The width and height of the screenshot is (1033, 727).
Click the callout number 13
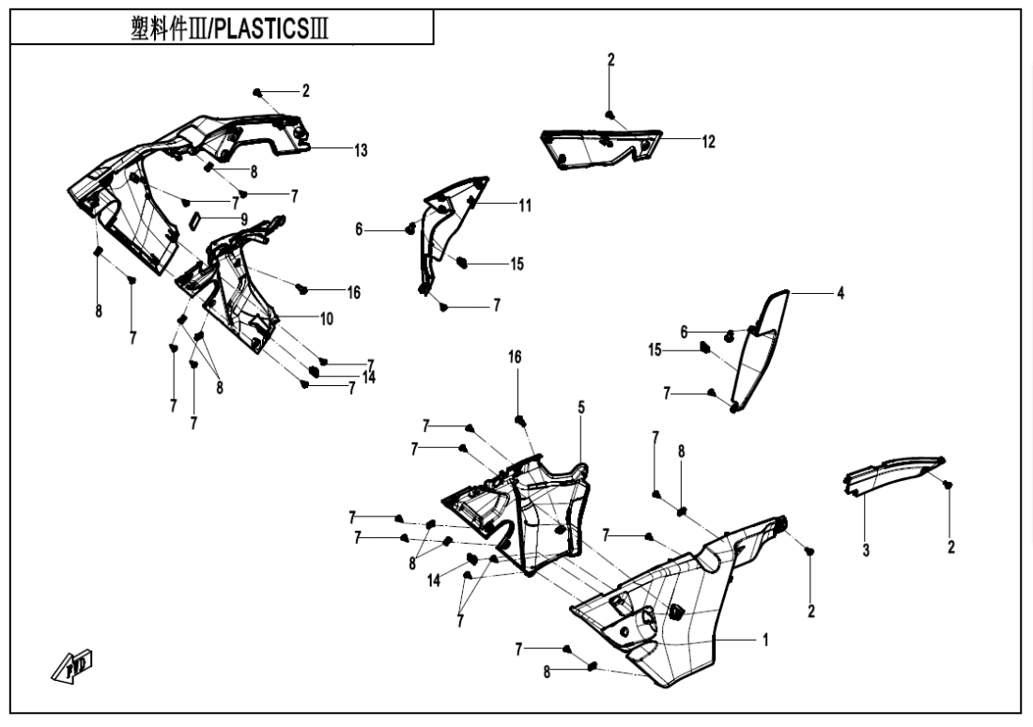tap(362, 150)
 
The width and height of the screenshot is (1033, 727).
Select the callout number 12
tap(708, 142)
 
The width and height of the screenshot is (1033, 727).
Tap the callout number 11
tap(525, 206)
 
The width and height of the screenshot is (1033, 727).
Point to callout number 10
tap(326, 319)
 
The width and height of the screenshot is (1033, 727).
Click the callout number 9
tap(244, 219)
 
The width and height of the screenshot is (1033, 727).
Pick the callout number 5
tap(581, 408)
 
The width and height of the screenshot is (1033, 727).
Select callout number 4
tap(840, 294)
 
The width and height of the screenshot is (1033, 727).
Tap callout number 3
tap(866, 550)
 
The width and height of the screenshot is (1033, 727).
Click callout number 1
tap(765, 641)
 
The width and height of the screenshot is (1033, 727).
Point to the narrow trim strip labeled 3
tap(892, 470)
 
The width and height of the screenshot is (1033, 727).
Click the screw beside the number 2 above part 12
tap(610, 115)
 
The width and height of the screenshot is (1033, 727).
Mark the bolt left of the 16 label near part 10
tap(302, 287)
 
